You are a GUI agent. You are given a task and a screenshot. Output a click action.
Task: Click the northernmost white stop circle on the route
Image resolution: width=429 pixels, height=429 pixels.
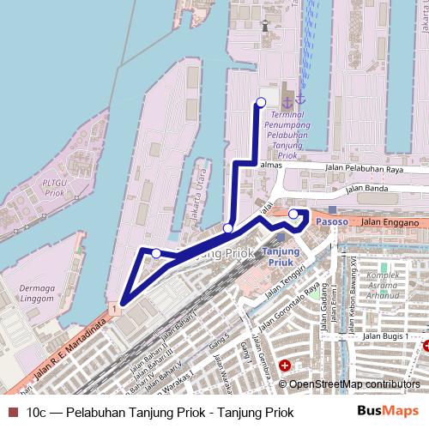pos(261,103)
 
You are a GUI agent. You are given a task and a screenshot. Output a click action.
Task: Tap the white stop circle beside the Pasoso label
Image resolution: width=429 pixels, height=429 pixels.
pos(293,214)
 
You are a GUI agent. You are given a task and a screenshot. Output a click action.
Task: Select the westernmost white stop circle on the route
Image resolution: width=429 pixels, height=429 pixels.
pos(156,253)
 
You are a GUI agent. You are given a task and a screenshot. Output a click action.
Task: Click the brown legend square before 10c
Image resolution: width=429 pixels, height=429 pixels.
pos(12,413)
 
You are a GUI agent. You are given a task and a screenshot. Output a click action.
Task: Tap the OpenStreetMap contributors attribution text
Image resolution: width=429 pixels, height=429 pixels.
pos(354,384)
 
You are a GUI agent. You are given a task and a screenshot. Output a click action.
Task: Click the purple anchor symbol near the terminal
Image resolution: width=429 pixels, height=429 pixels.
pos(288,102)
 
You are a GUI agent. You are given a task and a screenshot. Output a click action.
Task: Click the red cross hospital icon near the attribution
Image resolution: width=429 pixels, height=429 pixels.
pos(284,365)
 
